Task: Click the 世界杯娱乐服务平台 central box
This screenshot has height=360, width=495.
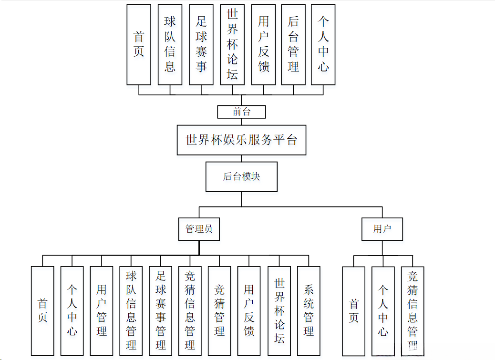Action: (x=241, y=140)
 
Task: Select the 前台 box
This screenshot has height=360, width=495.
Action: (x=241, y=112)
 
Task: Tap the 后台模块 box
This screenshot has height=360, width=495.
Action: (x=241, y=176)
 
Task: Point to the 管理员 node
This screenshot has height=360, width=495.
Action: (x=199, y=229)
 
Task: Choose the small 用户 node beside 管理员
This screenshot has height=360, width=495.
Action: (x=382, y=229)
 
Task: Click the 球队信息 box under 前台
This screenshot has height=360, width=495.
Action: (x=170, y=45)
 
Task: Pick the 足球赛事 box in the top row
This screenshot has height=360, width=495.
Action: (x=201, y=45)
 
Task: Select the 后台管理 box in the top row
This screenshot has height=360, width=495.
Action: (x=293, y=45)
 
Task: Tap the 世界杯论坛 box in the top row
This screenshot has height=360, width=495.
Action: (x=232, y=45)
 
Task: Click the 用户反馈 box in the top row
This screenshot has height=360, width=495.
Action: (x=263, y=45)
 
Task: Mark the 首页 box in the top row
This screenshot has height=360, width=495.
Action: (x=139, y=45)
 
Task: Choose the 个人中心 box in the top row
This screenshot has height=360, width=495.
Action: (x=323, y=45)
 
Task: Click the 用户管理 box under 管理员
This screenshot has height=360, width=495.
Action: (x=102, y=310)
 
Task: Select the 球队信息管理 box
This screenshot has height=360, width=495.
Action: (x=131, y=310)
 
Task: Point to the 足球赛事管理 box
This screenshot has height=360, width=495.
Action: (x=161, y=310)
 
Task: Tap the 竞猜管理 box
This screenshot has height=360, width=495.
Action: (x=219, y=310)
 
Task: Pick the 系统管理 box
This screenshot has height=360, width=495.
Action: (x=309, y=310)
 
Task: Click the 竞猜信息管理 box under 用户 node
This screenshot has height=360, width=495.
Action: (x=412, y=310)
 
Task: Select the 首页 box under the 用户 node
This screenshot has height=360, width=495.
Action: (x=353, y=310)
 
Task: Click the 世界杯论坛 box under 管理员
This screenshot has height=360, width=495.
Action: (x=279, y=310)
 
